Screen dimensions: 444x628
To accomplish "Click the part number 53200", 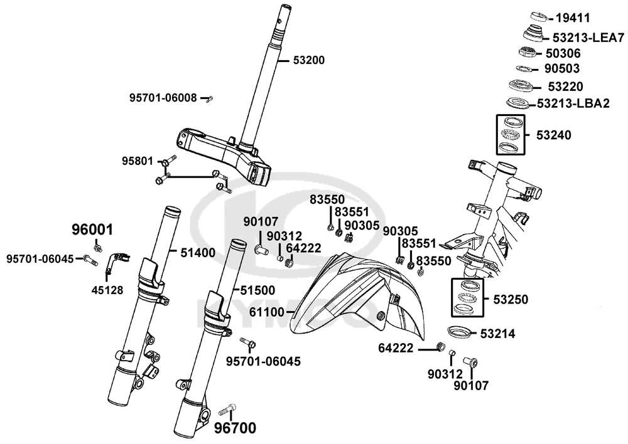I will tap(309, 61).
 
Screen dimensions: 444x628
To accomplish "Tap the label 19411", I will tap(573, 18).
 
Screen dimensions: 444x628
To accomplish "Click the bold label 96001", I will tap(92, 230).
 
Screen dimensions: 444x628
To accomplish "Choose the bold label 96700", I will tap(235, 429).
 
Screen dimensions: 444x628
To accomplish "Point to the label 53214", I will tap(499, 334).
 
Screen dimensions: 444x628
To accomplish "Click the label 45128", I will tap(107, 290).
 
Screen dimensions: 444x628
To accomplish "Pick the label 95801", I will tap(138, 161).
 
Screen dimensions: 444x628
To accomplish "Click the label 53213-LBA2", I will tap(573, 103).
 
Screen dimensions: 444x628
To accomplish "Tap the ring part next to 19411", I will tap(538, 16).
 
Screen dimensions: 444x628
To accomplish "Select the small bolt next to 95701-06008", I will tap(210, 98).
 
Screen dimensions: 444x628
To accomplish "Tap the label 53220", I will tap(565, 86).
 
